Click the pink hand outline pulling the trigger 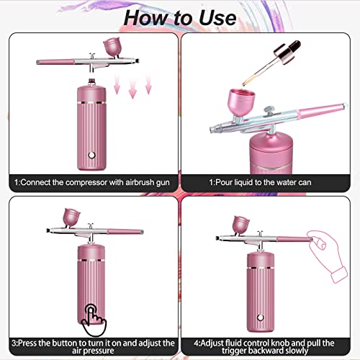click(321, 246)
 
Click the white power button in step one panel click(91, 153)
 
